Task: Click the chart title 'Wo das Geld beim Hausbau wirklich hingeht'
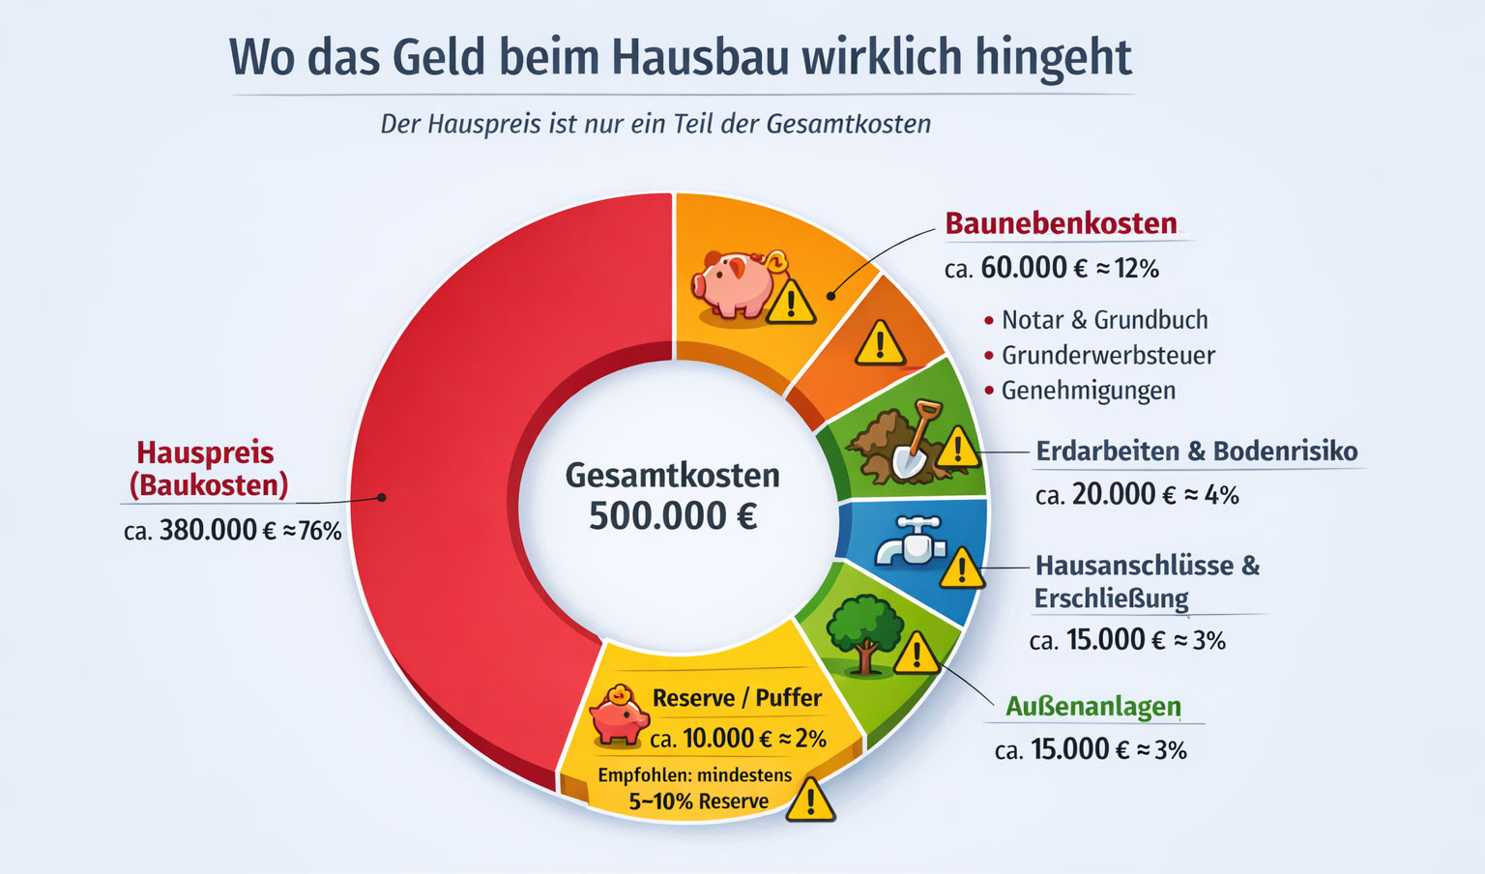pyautogui.click(x=680, y=58)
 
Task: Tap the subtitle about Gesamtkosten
pyautogui.click(x=655, y=125)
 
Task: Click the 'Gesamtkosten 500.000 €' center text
pyautogui.click(x=673, y=496)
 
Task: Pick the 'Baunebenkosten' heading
pyautogui.click(x=1061, y=223)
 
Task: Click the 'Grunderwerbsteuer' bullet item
pyautogui.click(x=1108, y=356)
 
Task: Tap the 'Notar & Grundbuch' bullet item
pyautogui.click(x=1104, y=320)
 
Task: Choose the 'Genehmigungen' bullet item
pyautogui.click(x=1089, y=391)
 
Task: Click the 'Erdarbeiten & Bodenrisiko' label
pyautogui.click(x=1196, y=452)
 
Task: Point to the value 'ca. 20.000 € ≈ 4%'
pyautogui.click(x=1137, y=495)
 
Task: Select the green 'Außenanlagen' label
pyautogui.click(x=1092, y=707)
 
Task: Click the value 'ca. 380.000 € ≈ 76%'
pyautogui.click(x=233, y=531)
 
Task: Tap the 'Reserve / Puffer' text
pyautogui.click(x=737, y=698)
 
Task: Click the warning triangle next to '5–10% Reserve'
pyautogui.click(x=810, y=801)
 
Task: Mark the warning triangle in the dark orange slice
pyautogui.click(x=880, y=343)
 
